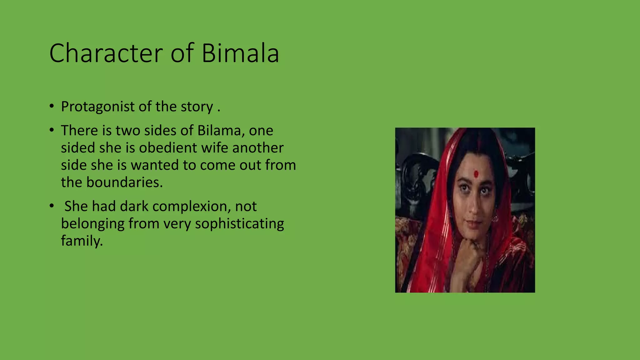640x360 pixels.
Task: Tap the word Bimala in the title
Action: (x=240, y=53)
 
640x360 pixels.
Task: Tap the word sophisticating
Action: (x=239, y=224)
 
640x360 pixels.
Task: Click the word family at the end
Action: (x=82, y=241)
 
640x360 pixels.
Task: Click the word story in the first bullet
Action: (x=197, y=107)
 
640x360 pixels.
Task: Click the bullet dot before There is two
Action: (x=52, y=130)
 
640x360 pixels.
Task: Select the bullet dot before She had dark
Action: (x=52, y=206)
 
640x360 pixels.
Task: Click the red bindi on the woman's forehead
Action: (x=476, y=174)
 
